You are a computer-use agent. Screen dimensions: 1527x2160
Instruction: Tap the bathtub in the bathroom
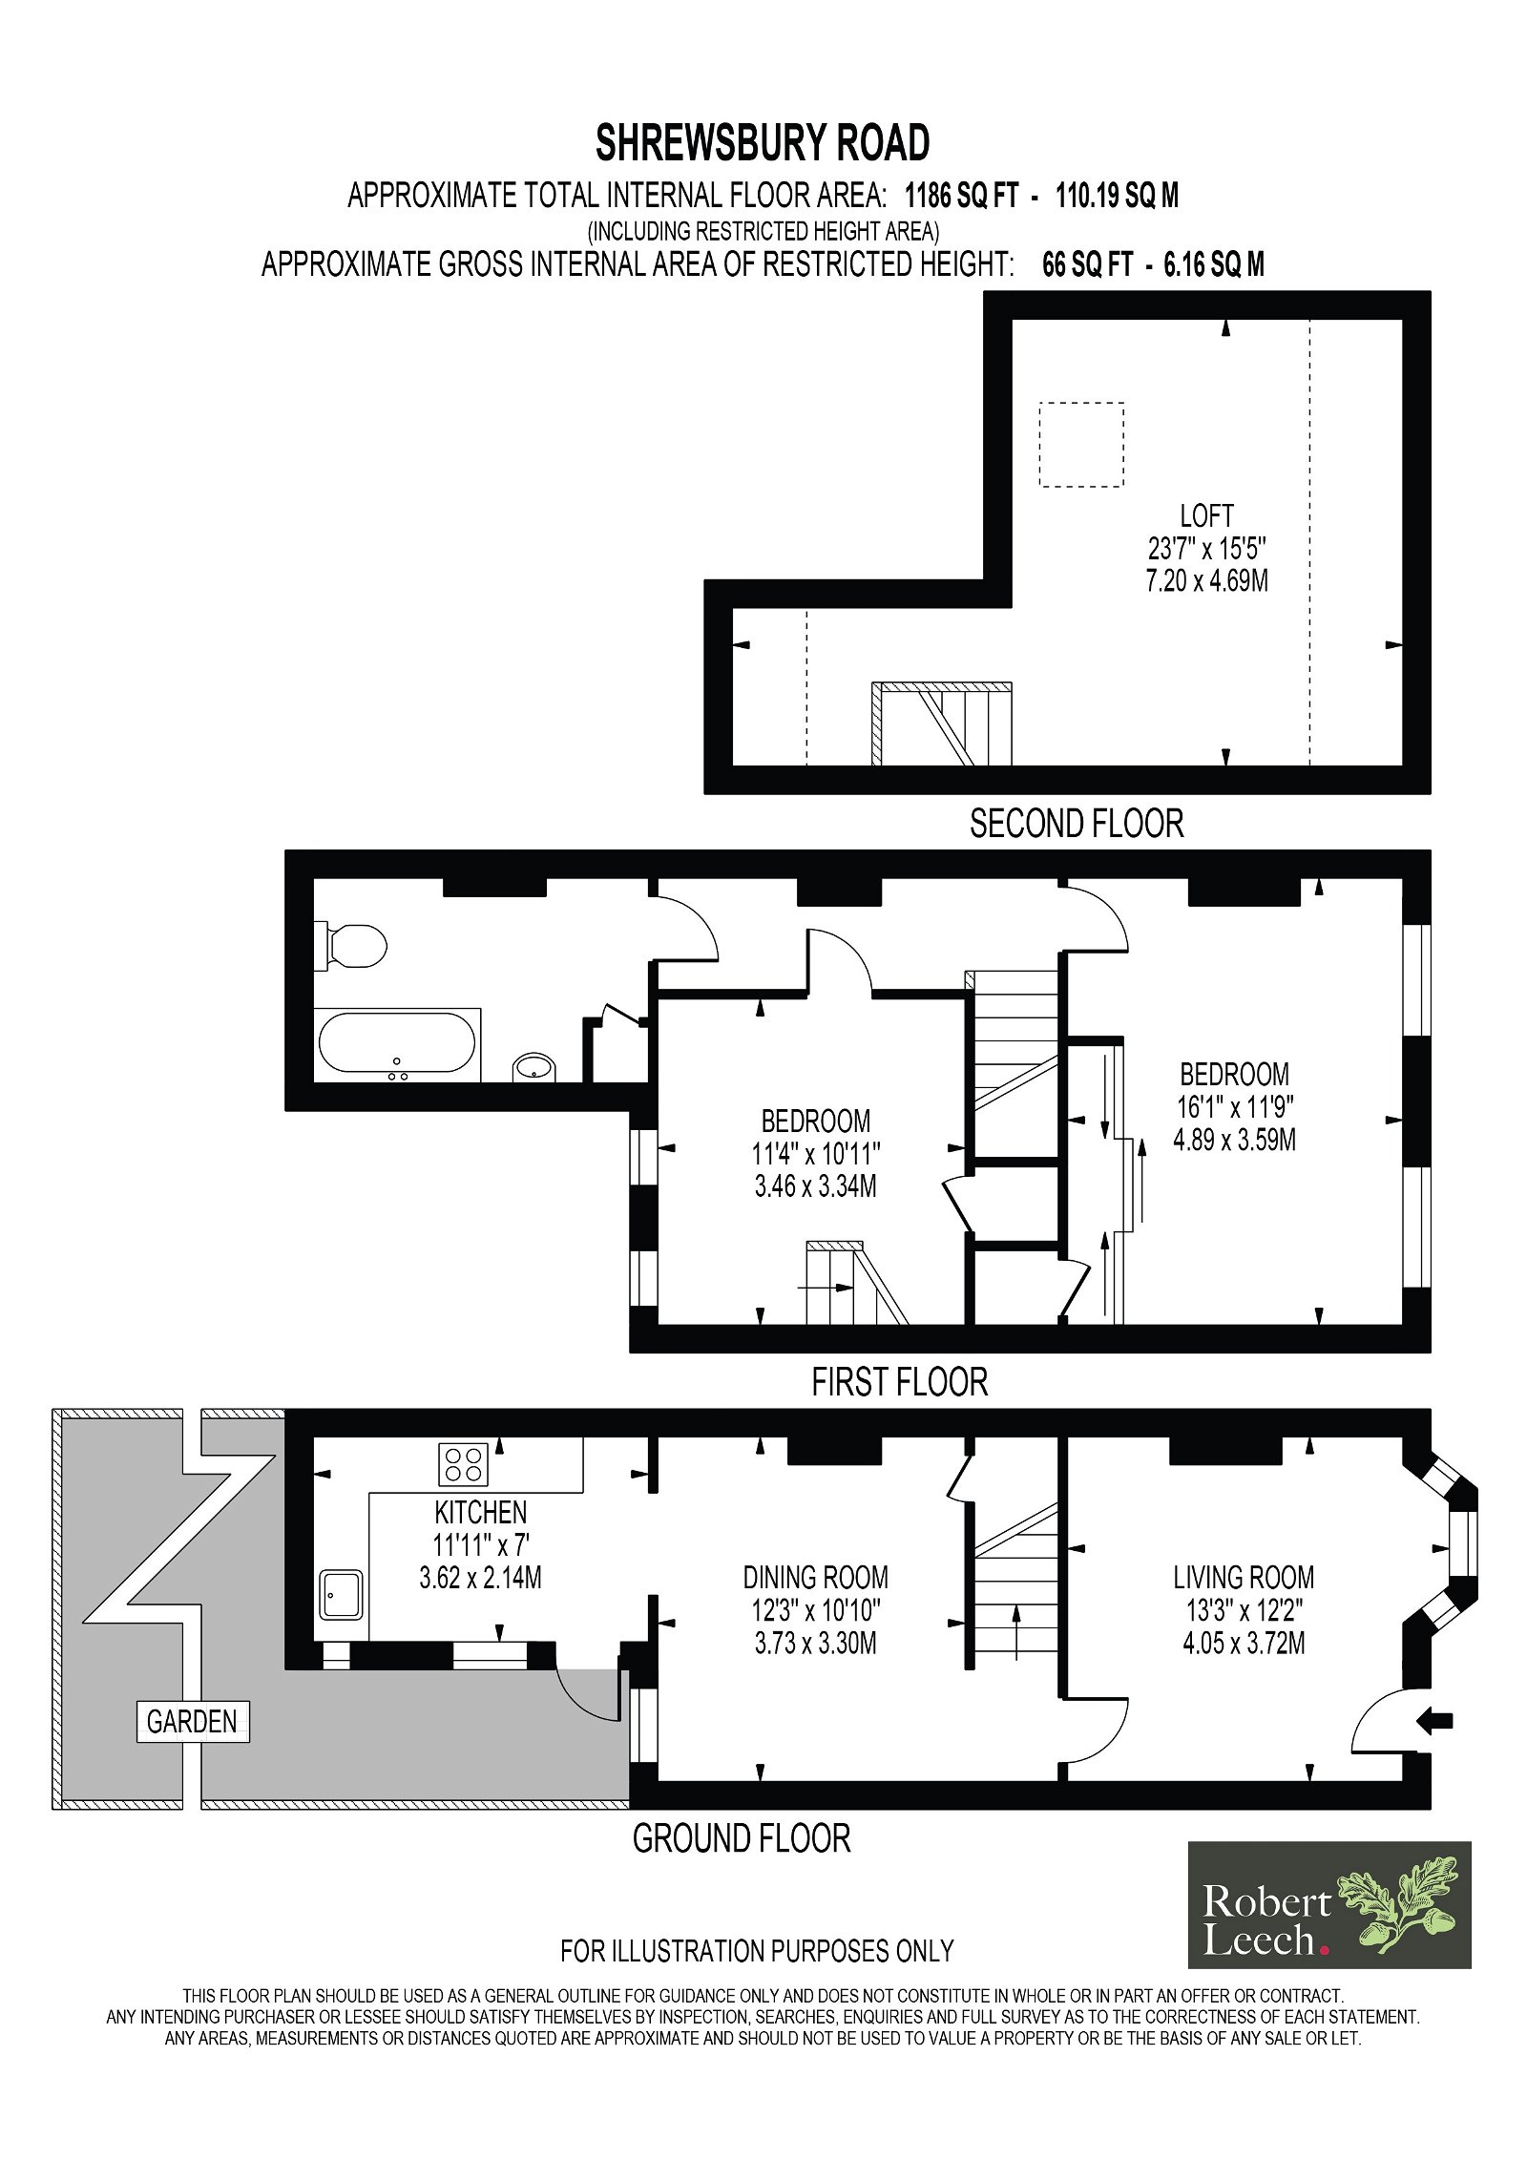coord(397,1043)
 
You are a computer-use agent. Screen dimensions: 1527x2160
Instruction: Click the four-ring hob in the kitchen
coord(464,1463)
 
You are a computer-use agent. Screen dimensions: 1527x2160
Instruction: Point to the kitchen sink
coord(341,1594)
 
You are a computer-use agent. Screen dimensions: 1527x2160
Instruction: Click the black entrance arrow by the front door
coord(1434,1721)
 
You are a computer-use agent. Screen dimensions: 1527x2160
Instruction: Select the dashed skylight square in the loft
coord(1081,445)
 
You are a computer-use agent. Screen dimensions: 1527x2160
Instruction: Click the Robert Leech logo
coord(1329,1905)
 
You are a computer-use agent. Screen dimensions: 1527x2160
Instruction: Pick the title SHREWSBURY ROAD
coord(763,144)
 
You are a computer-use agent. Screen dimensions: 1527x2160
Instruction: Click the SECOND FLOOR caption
coord(1077,824)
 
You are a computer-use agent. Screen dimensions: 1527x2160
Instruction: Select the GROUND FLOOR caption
coord(742,1838)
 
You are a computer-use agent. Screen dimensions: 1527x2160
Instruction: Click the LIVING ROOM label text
coord(1244,1578)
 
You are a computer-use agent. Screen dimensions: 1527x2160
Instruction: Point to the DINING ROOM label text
coord(816,1578)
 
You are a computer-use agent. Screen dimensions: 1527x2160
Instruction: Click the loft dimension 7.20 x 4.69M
coord(1207,581)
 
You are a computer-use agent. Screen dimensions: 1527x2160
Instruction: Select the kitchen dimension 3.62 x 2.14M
coord(481,1578)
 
